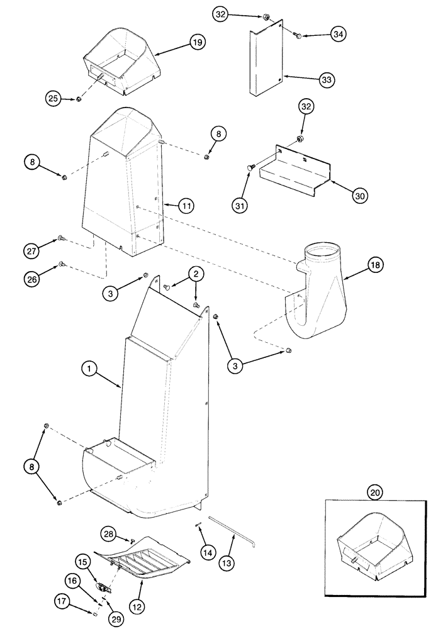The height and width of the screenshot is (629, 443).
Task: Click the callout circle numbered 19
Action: click(x=198, y=43)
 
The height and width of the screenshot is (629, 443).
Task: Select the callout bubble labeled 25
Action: click(x=53, y=97)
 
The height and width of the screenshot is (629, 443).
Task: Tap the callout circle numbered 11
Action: click(x=186, y=205)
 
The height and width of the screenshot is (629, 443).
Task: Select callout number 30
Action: click(x=359, y=196)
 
